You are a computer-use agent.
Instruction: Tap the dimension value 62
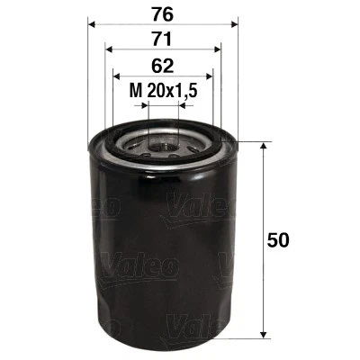pyautogui.click(x=163, y=65)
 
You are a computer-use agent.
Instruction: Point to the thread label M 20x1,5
pyautogui.click(x=163, y=91)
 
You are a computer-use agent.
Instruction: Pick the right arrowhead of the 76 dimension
pyautogui.click(x=232, y=25)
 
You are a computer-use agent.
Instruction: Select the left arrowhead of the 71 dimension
pyautogui.click(x=108, y=50)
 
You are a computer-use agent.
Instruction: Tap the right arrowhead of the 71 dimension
pyautogui.click(x=219, y=50)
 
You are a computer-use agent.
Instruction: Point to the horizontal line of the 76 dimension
pyautogui.click(x=126, y=25)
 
